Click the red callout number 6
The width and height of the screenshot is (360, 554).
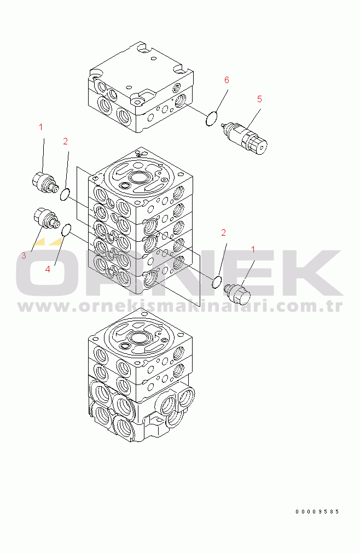click(x=227, y=80)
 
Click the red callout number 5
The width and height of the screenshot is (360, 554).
click(x=259, y=100)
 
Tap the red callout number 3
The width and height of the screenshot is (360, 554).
click(x=24, y=255)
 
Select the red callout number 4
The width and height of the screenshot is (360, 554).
click(x=48, y=269)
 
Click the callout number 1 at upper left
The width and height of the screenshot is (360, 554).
click(x=40, y=127)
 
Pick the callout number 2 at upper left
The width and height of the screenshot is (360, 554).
click(x=65, y=141)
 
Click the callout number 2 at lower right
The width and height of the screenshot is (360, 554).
click(x=223, y=232)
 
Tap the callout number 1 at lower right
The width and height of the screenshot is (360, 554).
click(x=253, y=250)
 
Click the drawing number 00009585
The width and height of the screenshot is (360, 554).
click(x=317, y=511)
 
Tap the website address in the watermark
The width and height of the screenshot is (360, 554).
click(x=180, y=306)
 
